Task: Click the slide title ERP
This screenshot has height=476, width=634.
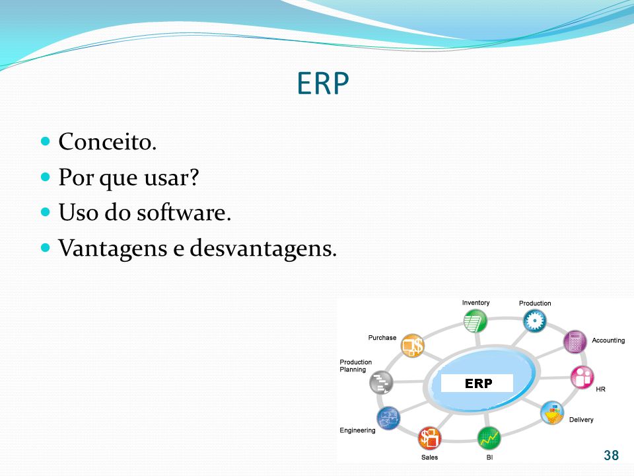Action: tap(323, 83)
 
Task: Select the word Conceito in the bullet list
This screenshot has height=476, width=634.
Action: tap(105, 141)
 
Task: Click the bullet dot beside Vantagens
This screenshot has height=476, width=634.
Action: tap(46, 247)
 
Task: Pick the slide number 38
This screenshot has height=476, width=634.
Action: tap(611, 456)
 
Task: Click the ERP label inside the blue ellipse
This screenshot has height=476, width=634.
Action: tap(478, 383)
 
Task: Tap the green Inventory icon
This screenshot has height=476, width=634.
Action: tap(475, 321)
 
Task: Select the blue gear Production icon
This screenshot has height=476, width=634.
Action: tap(534, 321)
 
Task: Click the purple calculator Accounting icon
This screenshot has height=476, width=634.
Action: tap(575, 342)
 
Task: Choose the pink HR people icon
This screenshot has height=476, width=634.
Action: tap(582, 377)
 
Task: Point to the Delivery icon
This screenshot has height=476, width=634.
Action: tap(552, 413)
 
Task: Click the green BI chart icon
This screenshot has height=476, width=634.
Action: tap(489, 438)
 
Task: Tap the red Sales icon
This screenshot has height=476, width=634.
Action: tap(429, 438)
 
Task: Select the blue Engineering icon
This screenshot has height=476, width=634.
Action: tap(388, 418)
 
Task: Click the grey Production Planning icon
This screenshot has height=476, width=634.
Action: tap(381, 382)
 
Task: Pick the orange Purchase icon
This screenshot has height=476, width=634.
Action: tap(412, 346)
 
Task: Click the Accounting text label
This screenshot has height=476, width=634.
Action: tap(608, 340)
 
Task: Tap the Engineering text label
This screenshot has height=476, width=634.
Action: tap(357, 430)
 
